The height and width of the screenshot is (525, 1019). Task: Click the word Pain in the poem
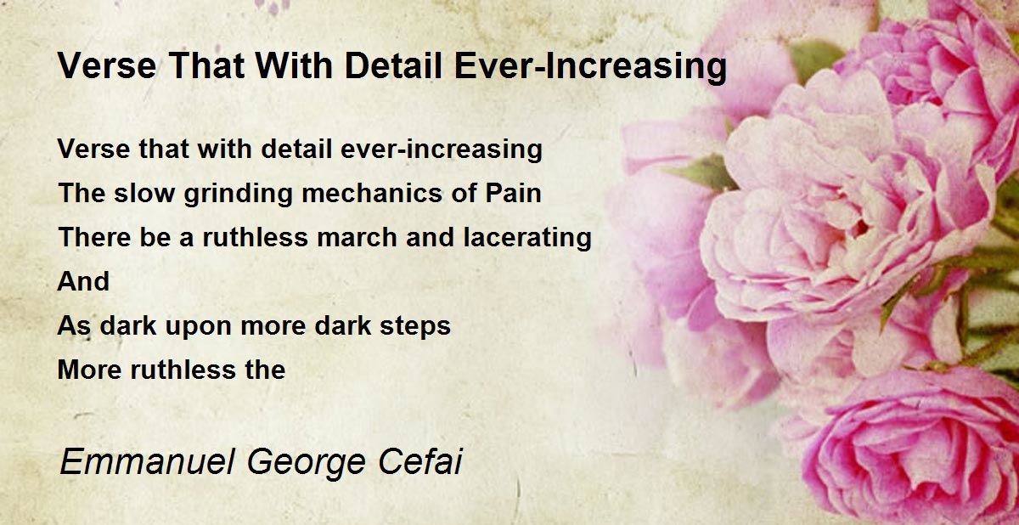513,193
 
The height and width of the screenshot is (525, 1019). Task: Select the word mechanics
372,193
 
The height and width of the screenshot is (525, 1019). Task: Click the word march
357,238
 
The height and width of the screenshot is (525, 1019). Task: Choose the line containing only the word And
83,281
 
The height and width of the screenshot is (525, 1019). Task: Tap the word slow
144,193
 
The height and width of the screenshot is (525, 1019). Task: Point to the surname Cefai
419,462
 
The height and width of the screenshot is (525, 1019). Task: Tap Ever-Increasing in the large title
590,67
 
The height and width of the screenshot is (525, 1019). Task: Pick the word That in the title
205,66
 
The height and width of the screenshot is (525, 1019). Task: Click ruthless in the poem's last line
183,370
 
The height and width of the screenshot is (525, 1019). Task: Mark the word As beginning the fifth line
74,325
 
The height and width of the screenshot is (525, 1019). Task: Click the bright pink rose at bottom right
915,448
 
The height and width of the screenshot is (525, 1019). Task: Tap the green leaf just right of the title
817,59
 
